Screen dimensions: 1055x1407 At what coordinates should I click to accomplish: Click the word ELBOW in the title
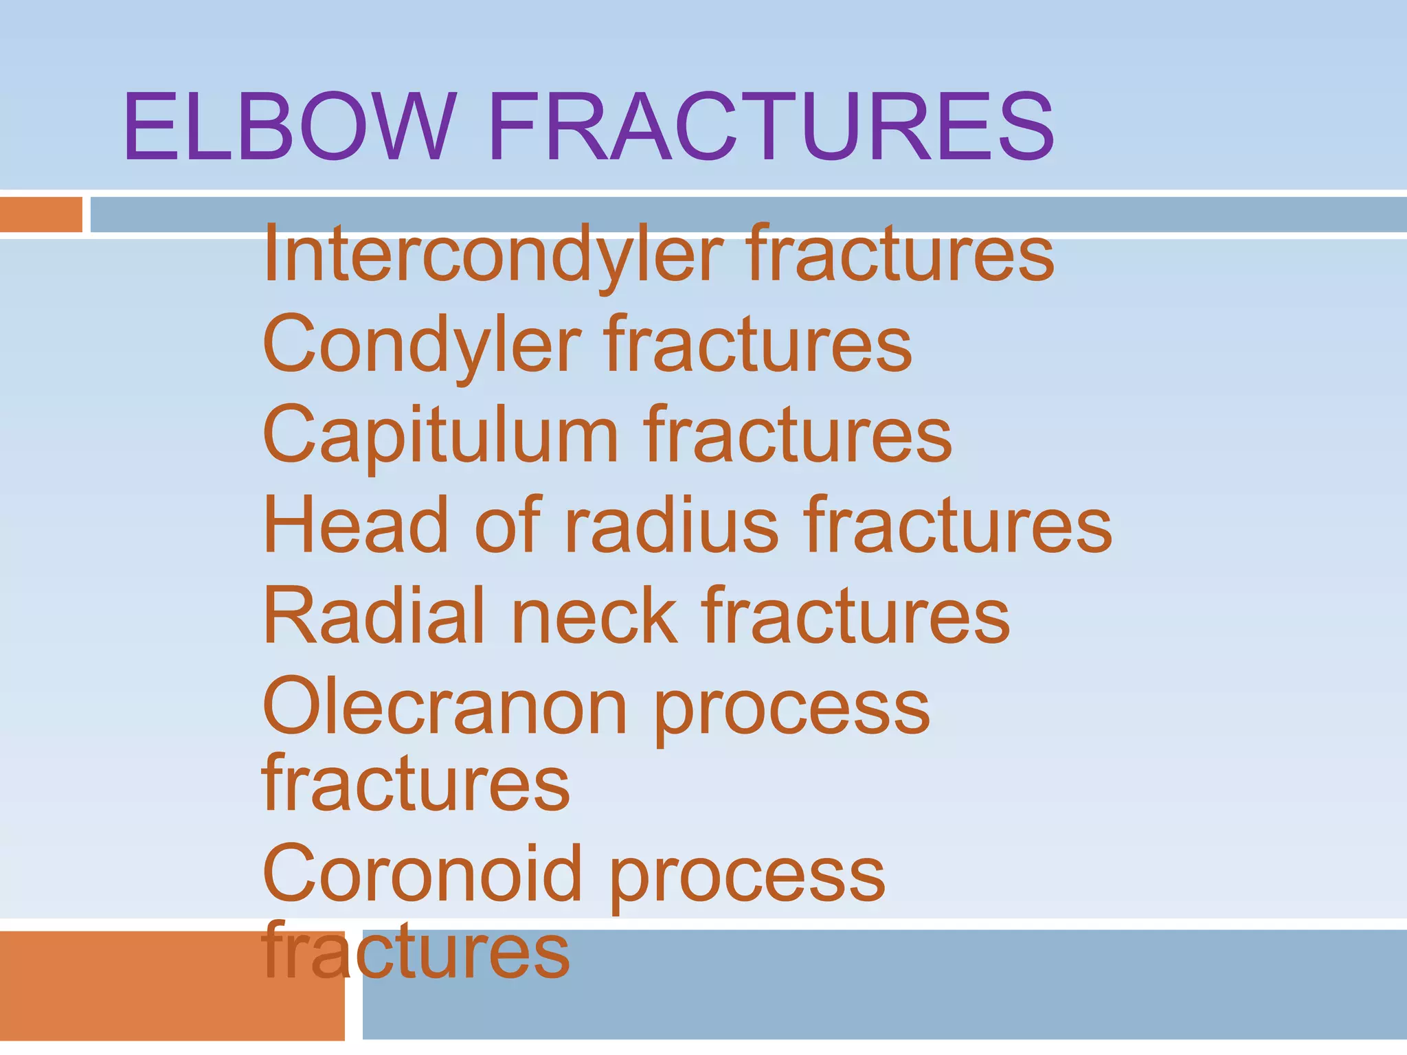pos(289,128)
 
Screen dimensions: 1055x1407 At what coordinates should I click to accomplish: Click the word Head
pos(356,525)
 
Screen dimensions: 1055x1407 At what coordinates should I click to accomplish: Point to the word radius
pos(672,525)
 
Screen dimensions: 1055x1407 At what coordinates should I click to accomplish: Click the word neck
pos(594,615)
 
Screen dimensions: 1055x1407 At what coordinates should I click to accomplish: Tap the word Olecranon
pos(444,707)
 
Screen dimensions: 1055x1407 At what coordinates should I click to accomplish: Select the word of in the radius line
pos(508,525)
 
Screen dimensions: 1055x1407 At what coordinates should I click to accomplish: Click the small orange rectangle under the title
pos(41,214)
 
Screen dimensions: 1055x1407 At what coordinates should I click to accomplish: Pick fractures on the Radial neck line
pos(855,615)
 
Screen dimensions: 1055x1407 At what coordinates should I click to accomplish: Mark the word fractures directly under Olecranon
pos(416,783)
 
